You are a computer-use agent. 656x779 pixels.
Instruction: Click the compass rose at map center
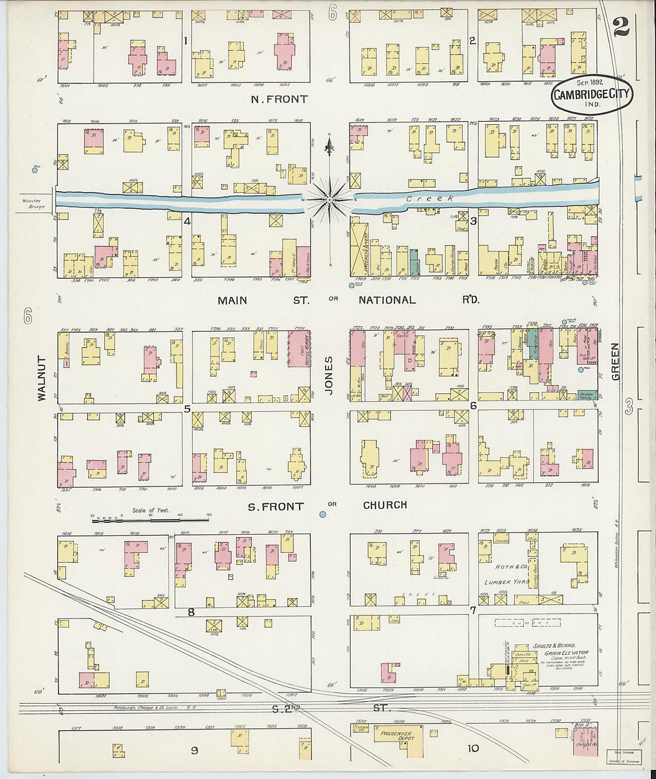(329, 199)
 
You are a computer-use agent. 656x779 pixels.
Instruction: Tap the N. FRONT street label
(279, 99)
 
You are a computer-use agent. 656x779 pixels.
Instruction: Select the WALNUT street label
(42, 378)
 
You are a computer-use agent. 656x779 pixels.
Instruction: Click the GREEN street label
(615, 361)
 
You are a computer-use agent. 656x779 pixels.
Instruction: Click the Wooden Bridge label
(33, 204)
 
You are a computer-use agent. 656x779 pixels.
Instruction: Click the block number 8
(191, 612)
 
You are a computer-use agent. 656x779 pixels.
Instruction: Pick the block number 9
(194, 750)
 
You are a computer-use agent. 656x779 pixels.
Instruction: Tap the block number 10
(473, 749)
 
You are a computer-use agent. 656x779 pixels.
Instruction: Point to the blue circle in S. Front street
(323, 514)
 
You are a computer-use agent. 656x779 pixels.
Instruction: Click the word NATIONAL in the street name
(387, 300)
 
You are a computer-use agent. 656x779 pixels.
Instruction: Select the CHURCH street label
(385, 505)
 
